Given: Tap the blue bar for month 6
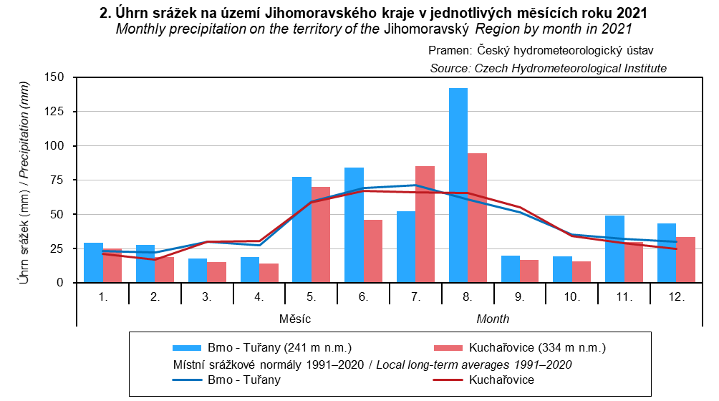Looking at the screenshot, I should click(x=354, y=225).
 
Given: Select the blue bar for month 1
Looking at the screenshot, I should click(x=93, y=263).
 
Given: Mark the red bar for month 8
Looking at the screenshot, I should click(x=477, y=218).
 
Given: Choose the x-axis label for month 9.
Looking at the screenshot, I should click(x=519, y=295).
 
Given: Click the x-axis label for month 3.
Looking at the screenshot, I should click(x=206, y=295).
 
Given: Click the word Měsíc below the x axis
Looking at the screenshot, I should click(x=295, y=318).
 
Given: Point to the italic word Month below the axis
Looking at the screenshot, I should click(x=493, y=318).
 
